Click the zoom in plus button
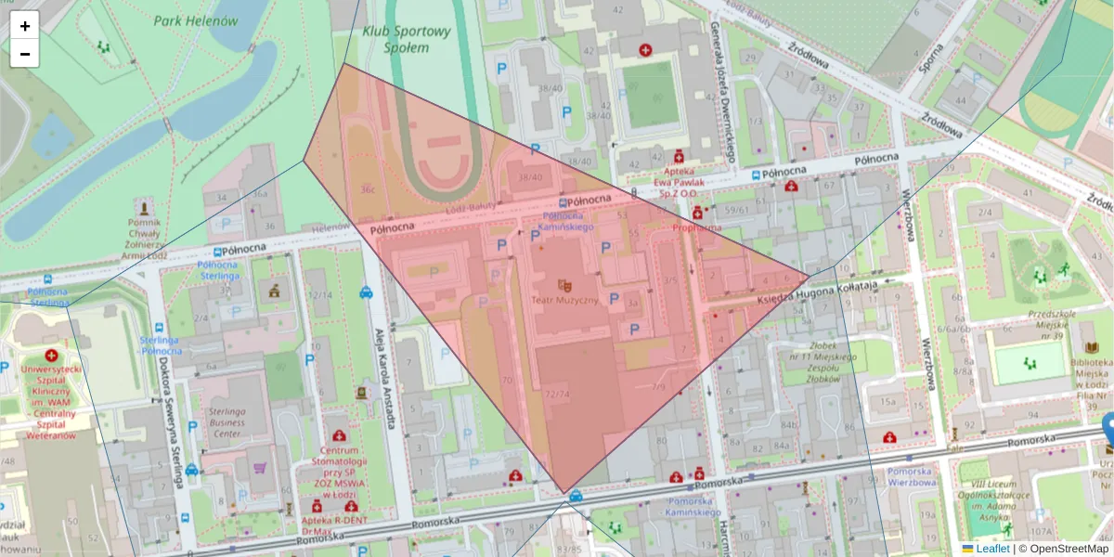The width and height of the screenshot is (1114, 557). coord(25,26)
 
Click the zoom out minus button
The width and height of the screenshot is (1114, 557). coord(25,54)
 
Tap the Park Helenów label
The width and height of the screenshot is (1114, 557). coord(196,20)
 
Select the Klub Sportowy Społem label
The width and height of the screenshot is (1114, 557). coord(408,38)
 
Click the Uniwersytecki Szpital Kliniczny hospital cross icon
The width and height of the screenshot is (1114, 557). coord(51,356)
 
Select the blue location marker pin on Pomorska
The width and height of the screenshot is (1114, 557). coord(1108,429)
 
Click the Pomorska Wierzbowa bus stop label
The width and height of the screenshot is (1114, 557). coord(912,475)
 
